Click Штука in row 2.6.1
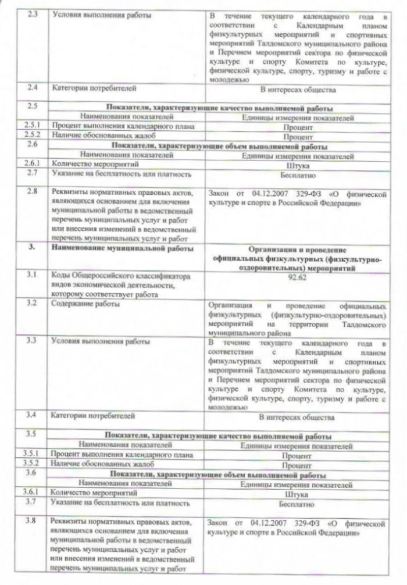point(298,165)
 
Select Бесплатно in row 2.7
point(297,174)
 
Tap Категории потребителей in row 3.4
point(94,416)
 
